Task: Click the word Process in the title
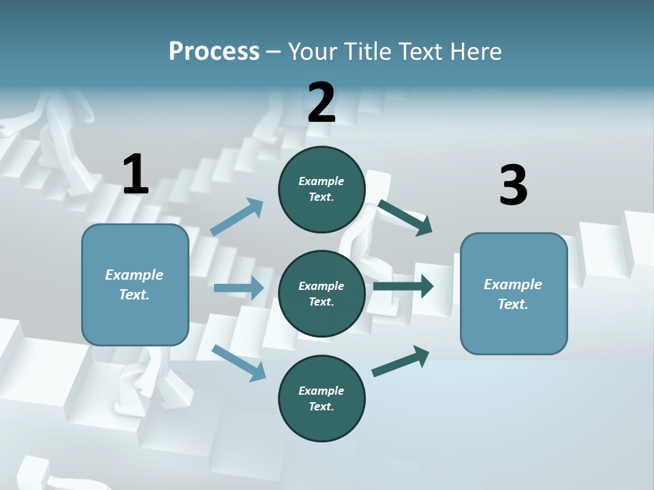(214, 52)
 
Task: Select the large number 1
(136, 175)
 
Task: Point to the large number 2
(322, 103)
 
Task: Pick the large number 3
(513, 186)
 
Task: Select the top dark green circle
(322, 189)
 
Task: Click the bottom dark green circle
(322, 399)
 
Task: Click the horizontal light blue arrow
(238, 288)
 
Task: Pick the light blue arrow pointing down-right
(238, 362)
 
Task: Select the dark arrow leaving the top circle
(405, 217)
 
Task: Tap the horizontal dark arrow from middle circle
(403, 287)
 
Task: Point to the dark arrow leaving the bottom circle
(401, 361)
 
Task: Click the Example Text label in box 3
(513, 294)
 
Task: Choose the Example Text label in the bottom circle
(321, 398)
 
